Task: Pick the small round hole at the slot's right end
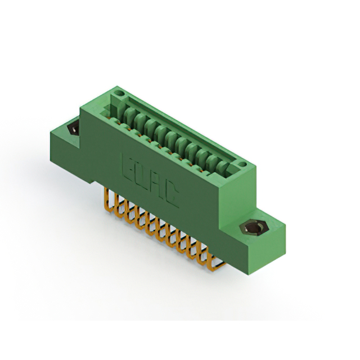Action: pyautogui.click(x=243, y=165)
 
